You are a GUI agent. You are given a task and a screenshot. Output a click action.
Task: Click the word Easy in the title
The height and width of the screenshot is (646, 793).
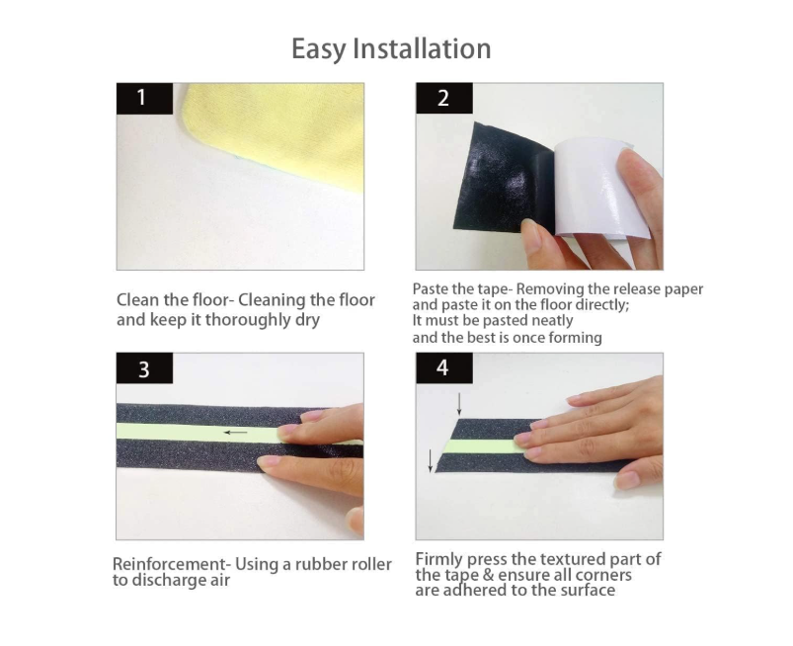click(319, 49)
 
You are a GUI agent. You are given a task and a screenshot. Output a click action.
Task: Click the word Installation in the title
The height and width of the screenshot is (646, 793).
click(422, 48)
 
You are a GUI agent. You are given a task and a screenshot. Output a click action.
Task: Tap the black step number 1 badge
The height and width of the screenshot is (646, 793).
click(144, 98)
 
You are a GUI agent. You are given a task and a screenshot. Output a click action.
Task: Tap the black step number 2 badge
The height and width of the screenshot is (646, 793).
click(444, 98)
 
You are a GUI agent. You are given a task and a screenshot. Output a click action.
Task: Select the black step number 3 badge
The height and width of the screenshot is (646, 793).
click(144, 368)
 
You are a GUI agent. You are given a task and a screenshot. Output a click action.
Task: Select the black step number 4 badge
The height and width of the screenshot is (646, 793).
click(444, 367)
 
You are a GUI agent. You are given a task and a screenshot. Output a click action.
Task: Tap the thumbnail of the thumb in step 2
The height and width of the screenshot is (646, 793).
click(529, 228)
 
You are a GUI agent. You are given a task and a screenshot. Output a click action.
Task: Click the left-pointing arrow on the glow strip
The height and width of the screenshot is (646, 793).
click(236, 433)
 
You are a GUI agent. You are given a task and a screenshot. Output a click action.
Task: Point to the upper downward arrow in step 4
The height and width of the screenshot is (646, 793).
click(459, 404)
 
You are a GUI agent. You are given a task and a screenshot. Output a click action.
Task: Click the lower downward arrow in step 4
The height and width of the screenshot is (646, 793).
click(431, 460)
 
